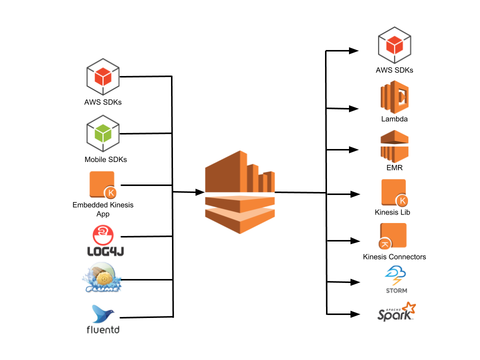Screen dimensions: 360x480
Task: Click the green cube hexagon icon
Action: click(x=103, y=133)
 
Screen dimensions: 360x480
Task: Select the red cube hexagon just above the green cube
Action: click(x=103, y=76)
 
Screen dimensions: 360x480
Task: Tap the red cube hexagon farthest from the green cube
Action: click(x=394, y=45)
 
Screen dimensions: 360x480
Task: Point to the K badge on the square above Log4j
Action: click(x=110, y=193)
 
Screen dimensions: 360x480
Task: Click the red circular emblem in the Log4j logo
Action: click(x=103, y=234)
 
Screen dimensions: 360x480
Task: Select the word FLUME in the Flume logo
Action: click(x=102, y=288)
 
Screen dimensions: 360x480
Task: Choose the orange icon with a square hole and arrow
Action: click(x=395, y=97)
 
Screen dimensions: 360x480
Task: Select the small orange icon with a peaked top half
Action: click(x=394, y=146)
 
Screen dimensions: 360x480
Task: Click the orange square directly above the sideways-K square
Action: click(x=393, y=192)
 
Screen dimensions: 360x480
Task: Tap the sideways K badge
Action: click(x=385, y=244)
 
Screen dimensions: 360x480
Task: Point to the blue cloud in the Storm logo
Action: click(x=395, y=272)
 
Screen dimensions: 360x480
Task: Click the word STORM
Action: click(x=396, y=290)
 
